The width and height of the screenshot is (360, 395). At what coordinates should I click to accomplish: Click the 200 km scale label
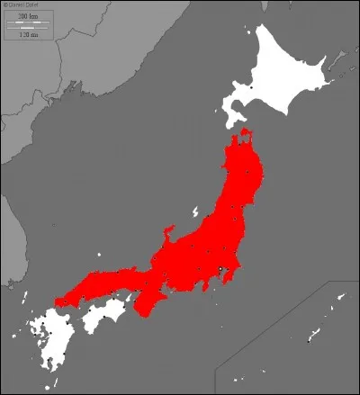(27, 17)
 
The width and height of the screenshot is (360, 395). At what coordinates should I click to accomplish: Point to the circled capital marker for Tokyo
(221, 269)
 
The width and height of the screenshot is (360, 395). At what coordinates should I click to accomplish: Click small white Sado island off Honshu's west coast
(194, 213)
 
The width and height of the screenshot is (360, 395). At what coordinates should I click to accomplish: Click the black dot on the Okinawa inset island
(308, 340)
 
